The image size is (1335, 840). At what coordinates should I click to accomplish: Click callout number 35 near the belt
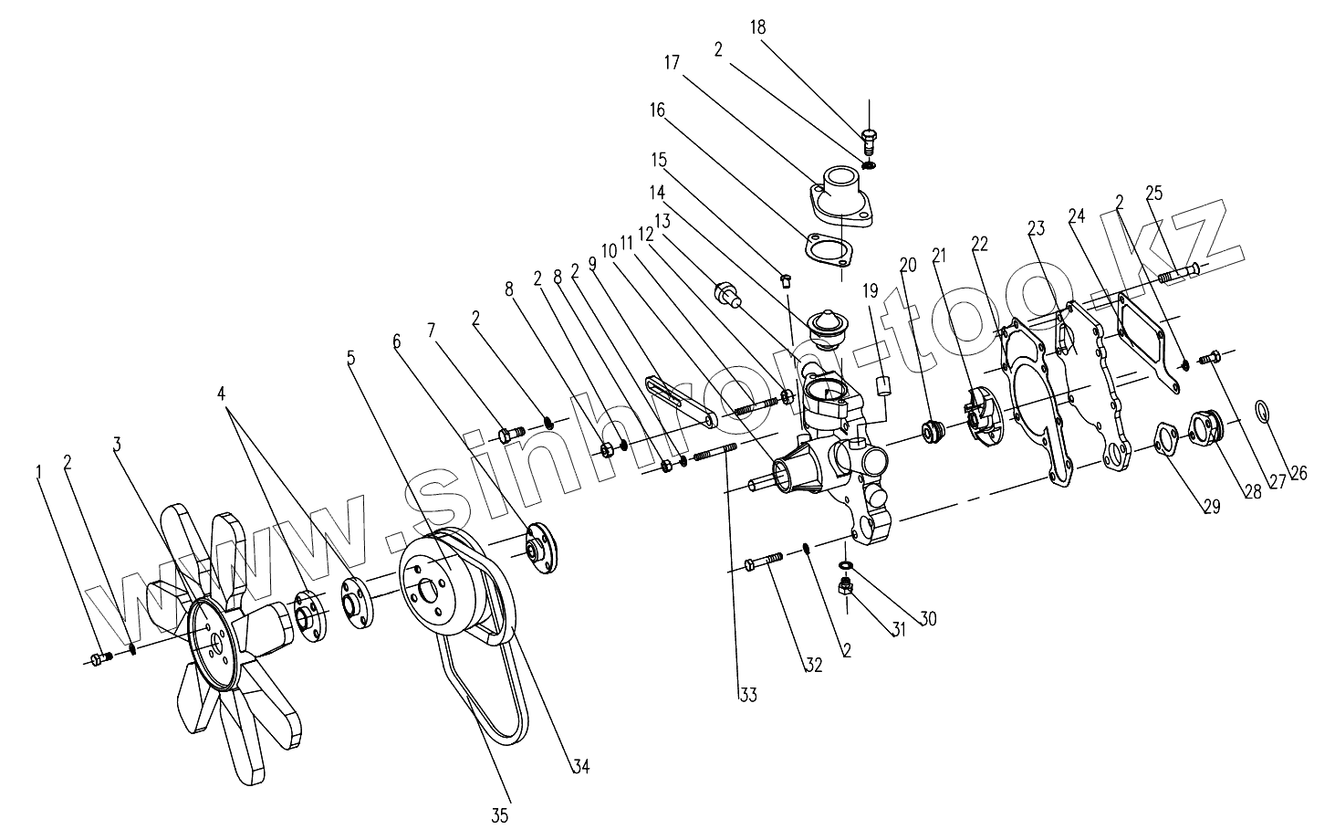tap(500, 815)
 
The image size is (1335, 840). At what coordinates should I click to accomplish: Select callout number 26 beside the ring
tap(1298, 473)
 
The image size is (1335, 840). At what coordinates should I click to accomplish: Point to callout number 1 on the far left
tap(39, 471)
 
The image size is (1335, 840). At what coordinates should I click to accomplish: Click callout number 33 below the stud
tap(747, 696)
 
